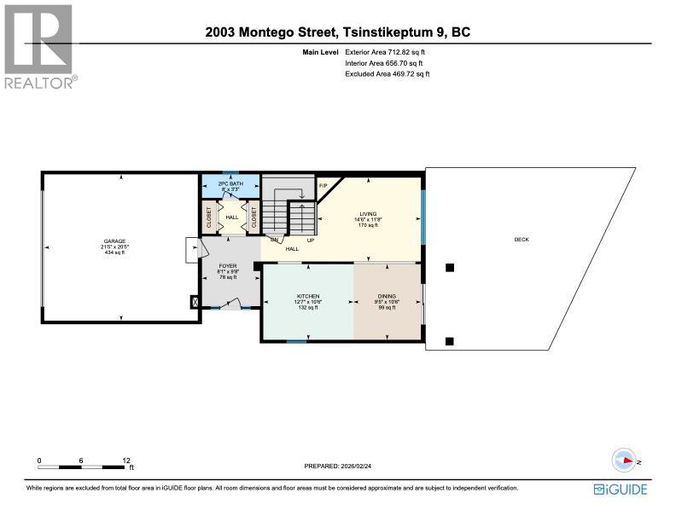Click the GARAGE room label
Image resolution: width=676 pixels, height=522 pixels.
114,241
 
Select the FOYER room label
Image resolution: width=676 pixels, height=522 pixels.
228,266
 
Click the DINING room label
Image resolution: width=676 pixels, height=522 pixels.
387,297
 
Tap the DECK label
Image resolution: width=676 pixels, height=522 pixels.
521,240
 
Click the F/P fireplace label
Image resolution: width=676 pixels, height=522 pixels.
323,185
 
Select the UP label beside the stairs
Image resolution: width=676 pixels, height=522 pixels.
311,241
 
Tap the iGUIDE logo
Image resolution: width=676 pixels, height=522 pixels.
621,489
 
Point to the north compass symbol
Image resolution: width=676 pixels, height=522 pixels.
626,461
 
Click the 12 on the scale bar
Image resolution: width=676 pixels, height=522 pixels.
126,461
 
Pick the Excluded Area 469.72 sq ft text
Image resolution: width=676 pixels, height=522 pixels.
387,74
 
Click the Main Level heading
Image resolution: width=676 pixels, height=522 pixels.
323,53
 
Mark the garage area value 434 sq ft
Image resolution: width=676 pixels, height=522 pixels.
114,252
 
